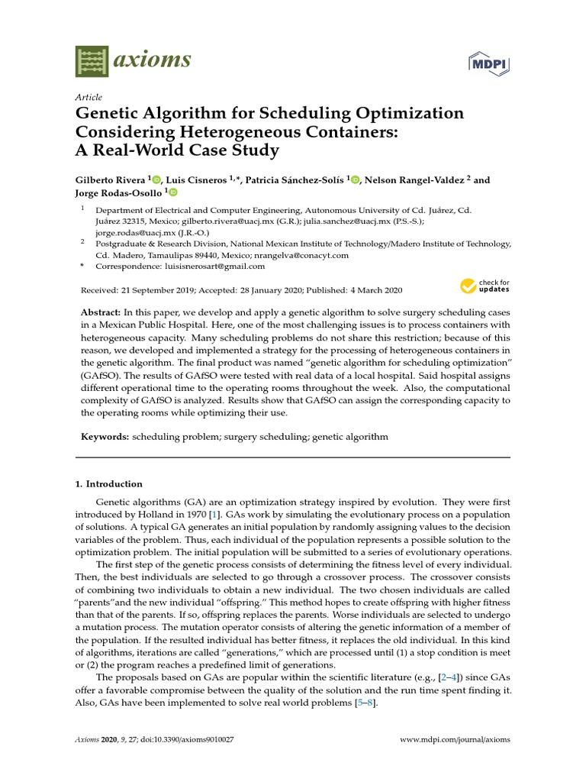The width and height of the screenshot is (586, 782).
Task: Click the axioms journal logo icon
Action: click(x=92, y=61)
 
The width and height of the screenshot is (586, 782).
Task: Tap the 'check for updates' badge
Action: click(x=485, y=286)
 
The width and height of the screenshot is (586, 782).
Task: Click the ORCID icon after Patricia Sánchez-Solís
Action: click(x=355, y=180)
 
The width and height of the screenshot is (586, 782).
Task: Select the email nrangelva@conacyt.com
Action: click(x=304, y=255)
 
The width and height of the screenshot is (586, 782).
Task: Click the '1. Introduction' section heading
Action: click(x=108, y=483)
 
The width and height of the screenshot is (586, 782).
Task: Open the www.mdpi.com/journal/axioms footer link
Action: click(x=455, y=740)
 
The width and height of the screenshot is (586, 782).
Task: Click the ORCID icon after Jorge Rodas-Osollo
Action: click(x=172, y=193)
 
